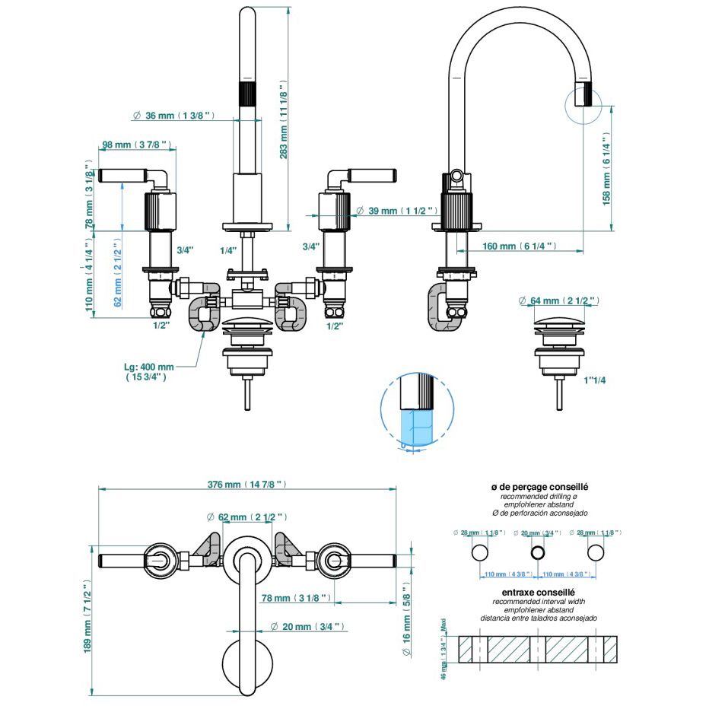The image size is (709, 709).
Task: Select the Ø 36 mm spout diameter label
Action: point(173,116)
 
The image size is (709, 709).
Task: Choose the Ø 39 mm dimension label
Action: point(400,210)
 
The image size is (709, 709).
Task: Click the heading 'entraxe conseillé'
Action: point(538,591)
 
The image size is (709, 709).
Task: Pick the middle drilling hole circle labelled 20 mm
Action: point(537,552)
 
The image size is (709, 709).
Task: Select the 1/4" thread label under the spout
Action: point(227,250)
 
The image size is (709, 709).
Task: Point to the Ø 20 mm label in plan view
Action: point(308,626)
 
